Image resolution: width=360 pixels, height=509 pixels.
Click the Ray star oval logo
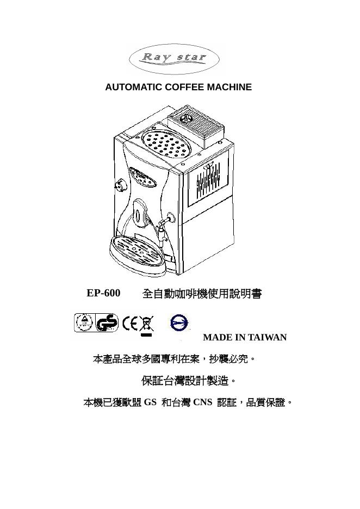tap(174, 59)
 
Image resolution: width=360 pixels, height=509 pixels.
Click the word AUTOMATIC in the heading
tap(134, 87)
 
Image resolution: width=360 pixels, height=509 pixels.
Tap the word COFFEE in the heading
tap(185, 87)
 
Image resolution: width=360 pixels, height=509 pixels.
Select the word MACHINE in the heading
tap(229, 87)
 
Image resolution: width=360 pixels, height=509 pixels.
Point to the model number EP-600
tap(103, 293)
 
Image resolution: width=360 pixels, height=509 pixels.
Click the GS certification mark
tap(107, 322)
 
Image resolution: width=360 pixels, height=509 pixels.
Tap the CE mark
tap(130, 323)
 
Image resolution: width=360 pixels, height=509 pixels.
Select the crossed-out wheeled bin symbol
tap(147, 326)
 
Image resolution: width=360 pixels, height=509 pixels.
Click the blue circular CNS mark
tap(179, 323)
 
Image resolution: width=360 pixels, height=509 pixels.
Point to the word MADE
tap(217, 337)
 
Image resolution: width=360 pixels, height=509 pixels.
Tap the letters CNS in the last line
tap(202, 402)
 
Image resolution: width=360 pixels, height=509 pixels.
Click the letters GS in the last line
tap(150, 402)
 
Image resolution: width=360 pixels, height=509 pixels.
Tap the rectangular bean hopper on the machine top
tap(195, 126)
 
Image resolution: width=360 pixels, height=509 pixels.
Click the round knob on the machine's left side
tap(120, 185)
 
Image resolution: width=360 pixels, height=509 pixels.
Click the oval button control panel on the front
tap(143, 177)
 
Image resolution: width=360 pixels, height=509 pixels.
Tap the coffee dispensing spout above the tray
tap(140, 213)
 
